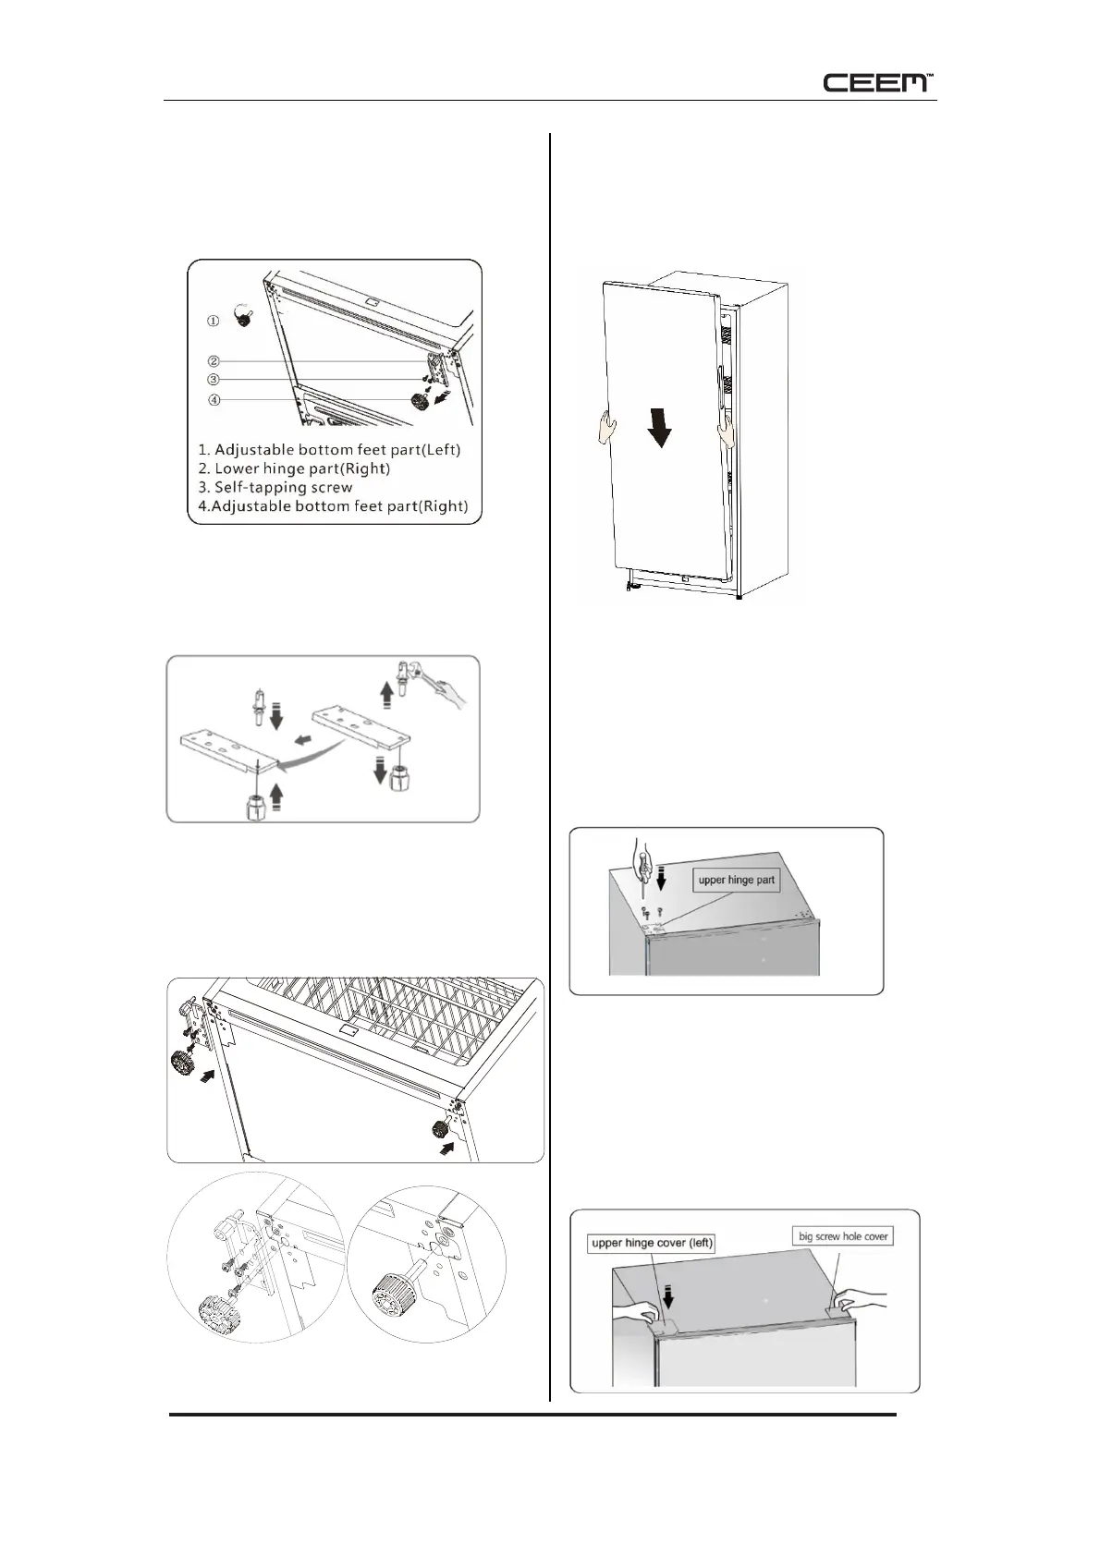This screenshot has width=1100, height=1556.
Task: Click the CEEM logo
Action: click(878, 82)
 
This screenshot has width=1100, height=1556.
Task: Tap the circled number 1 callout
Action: click(213, 322)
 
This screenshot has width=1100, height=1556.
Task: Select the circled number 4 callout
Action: click(214, 400)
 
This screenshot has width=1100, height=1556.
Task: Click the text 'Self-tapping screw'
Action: click(283, 487)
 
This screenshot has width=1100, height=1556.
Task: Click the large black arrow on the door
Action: click(660, 429)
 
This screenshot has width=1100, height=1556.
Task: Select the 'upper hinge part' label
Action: click(737, 880)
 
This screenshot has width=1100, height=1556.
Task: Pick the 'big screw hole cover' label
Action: click(843, 1235)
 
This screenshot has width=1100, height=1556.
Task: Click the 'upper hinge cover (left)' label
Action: click(652, 1243)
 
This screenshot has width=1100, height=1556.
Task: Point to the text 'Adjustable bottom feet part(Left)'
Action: click(336, 450)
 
